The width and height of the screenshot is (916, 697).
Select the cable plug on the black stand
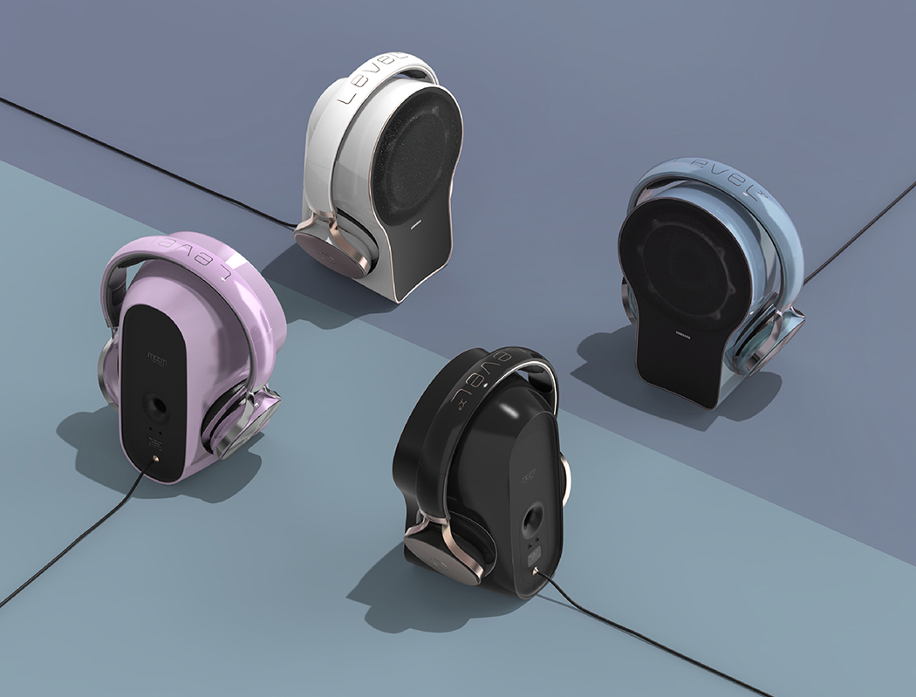click(x=535, y=573)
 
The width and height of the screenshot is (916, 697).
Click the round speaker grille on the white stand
click(x=418, y=156)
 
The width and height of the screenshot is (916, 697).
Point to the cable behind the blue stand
click(x=859, y=231)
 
